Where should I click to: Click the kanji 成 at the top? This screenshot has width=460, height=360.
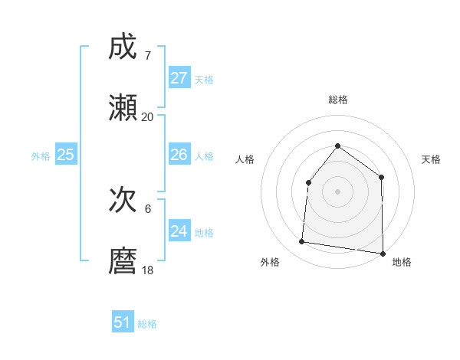123,48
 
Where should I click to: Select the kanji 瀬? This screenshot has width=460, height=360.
123,108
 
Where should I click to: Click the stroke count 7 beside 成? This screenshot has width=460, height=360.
147,56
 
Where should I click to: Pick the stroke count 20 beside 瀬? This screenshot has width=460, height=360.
147,116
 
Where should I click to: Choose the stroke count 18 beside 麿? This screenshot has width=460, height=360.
147,270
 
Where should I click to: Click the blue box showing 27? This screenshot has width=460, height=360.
179,78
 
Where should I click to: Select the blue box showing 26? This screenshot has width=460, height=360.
179,155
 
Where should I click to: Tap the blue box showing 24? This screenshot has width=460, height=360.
179,231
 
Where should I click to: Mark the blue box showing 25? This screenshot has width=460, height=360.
66,155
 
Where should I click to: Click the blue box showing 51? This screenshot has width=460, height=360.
123,322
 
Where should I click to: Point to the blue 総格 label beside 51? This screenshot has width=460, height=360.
147,324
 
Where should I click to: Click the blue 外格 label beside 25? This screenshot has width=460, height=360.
41,156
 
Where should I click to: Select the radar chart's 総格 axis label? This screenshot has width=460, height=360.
337,100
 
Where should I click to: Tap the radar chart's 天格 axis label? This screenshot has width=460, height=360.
432,159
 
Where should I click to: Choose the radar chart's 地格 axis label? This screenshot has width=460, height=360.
402,262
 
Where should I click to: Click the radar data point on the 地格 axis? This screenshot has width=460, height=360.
382,253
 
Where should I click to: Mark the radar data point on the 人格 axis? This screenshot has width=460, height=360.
308,182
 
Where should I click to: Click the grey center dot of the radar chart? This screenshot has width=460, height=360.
337,191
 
